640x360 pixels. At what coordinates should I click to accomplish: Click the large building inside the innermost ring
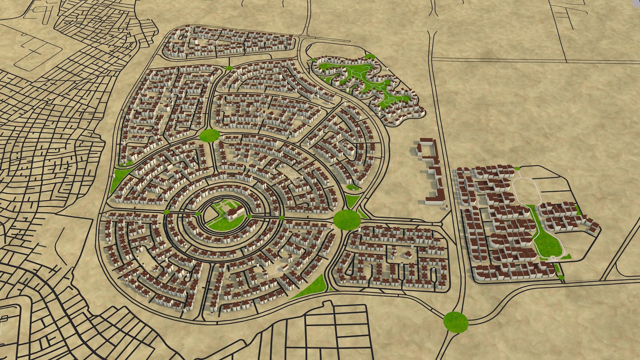pos(235,212)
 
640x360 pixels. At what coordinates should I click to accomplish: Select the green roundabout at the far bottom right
pos(456,322)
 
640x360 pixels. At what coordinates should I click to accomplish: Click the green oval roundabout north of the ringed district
pos(210,135)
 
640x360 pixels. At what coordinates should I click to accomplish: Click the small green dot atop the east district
pos(517,169)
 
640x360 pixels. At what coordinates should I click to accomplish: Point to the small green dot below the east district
pos(561,277)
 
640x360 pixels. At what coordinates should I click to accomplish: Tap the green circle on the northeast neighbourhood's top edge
pos(370,57)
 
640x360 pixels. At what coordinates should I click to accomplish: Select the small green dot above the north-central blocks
pos(229,68)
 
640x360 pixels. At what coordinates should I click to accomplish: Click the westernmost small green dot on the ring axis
pos(166,212)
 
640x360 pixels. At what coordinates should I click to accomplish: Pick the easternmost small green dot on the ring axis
pos(282,218)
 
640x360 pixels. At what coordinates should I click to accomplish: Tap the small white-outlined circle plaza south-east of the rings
pos(281,267)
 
